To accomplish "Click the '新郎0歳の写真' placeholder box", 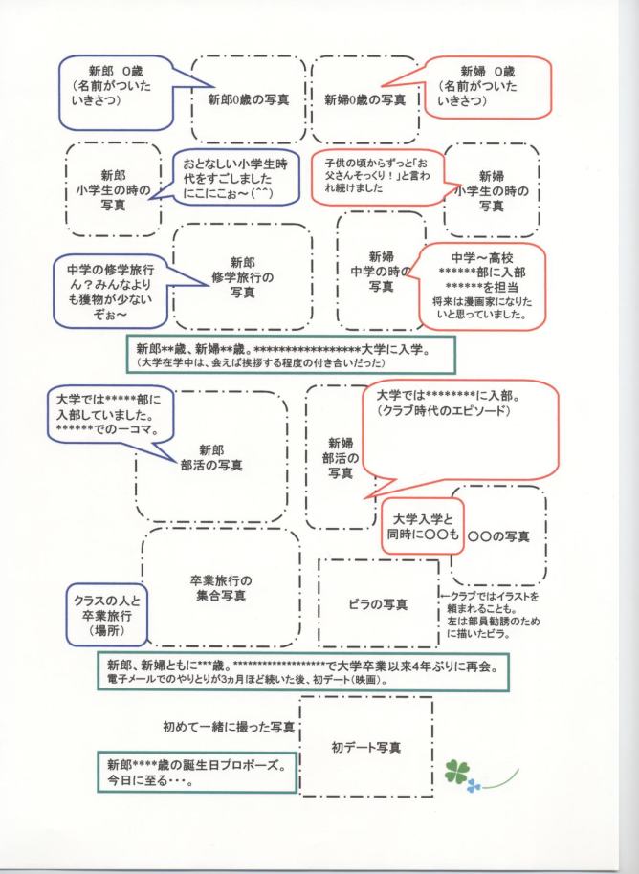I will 250,98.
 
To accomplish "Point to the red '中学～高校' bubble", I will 483,285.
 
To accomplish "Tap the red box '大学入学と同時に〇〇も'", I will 422,526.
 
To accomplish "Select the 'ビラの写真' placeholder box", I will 378,604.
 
